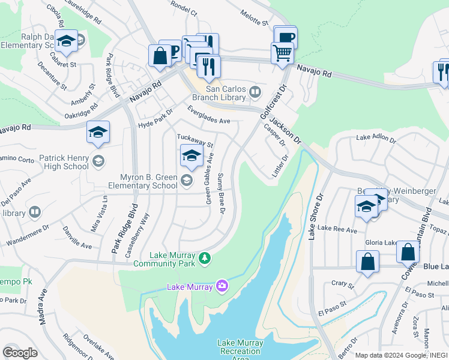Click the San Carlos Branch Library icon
[256, 92]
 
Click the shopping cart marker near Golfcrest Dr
[282, 53]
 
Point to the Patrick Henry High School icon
[98, 161]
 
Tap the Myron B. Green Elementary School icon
[186, 180]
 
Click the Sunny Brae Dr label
[220, 194]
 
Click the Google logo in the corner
[20, 352]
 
